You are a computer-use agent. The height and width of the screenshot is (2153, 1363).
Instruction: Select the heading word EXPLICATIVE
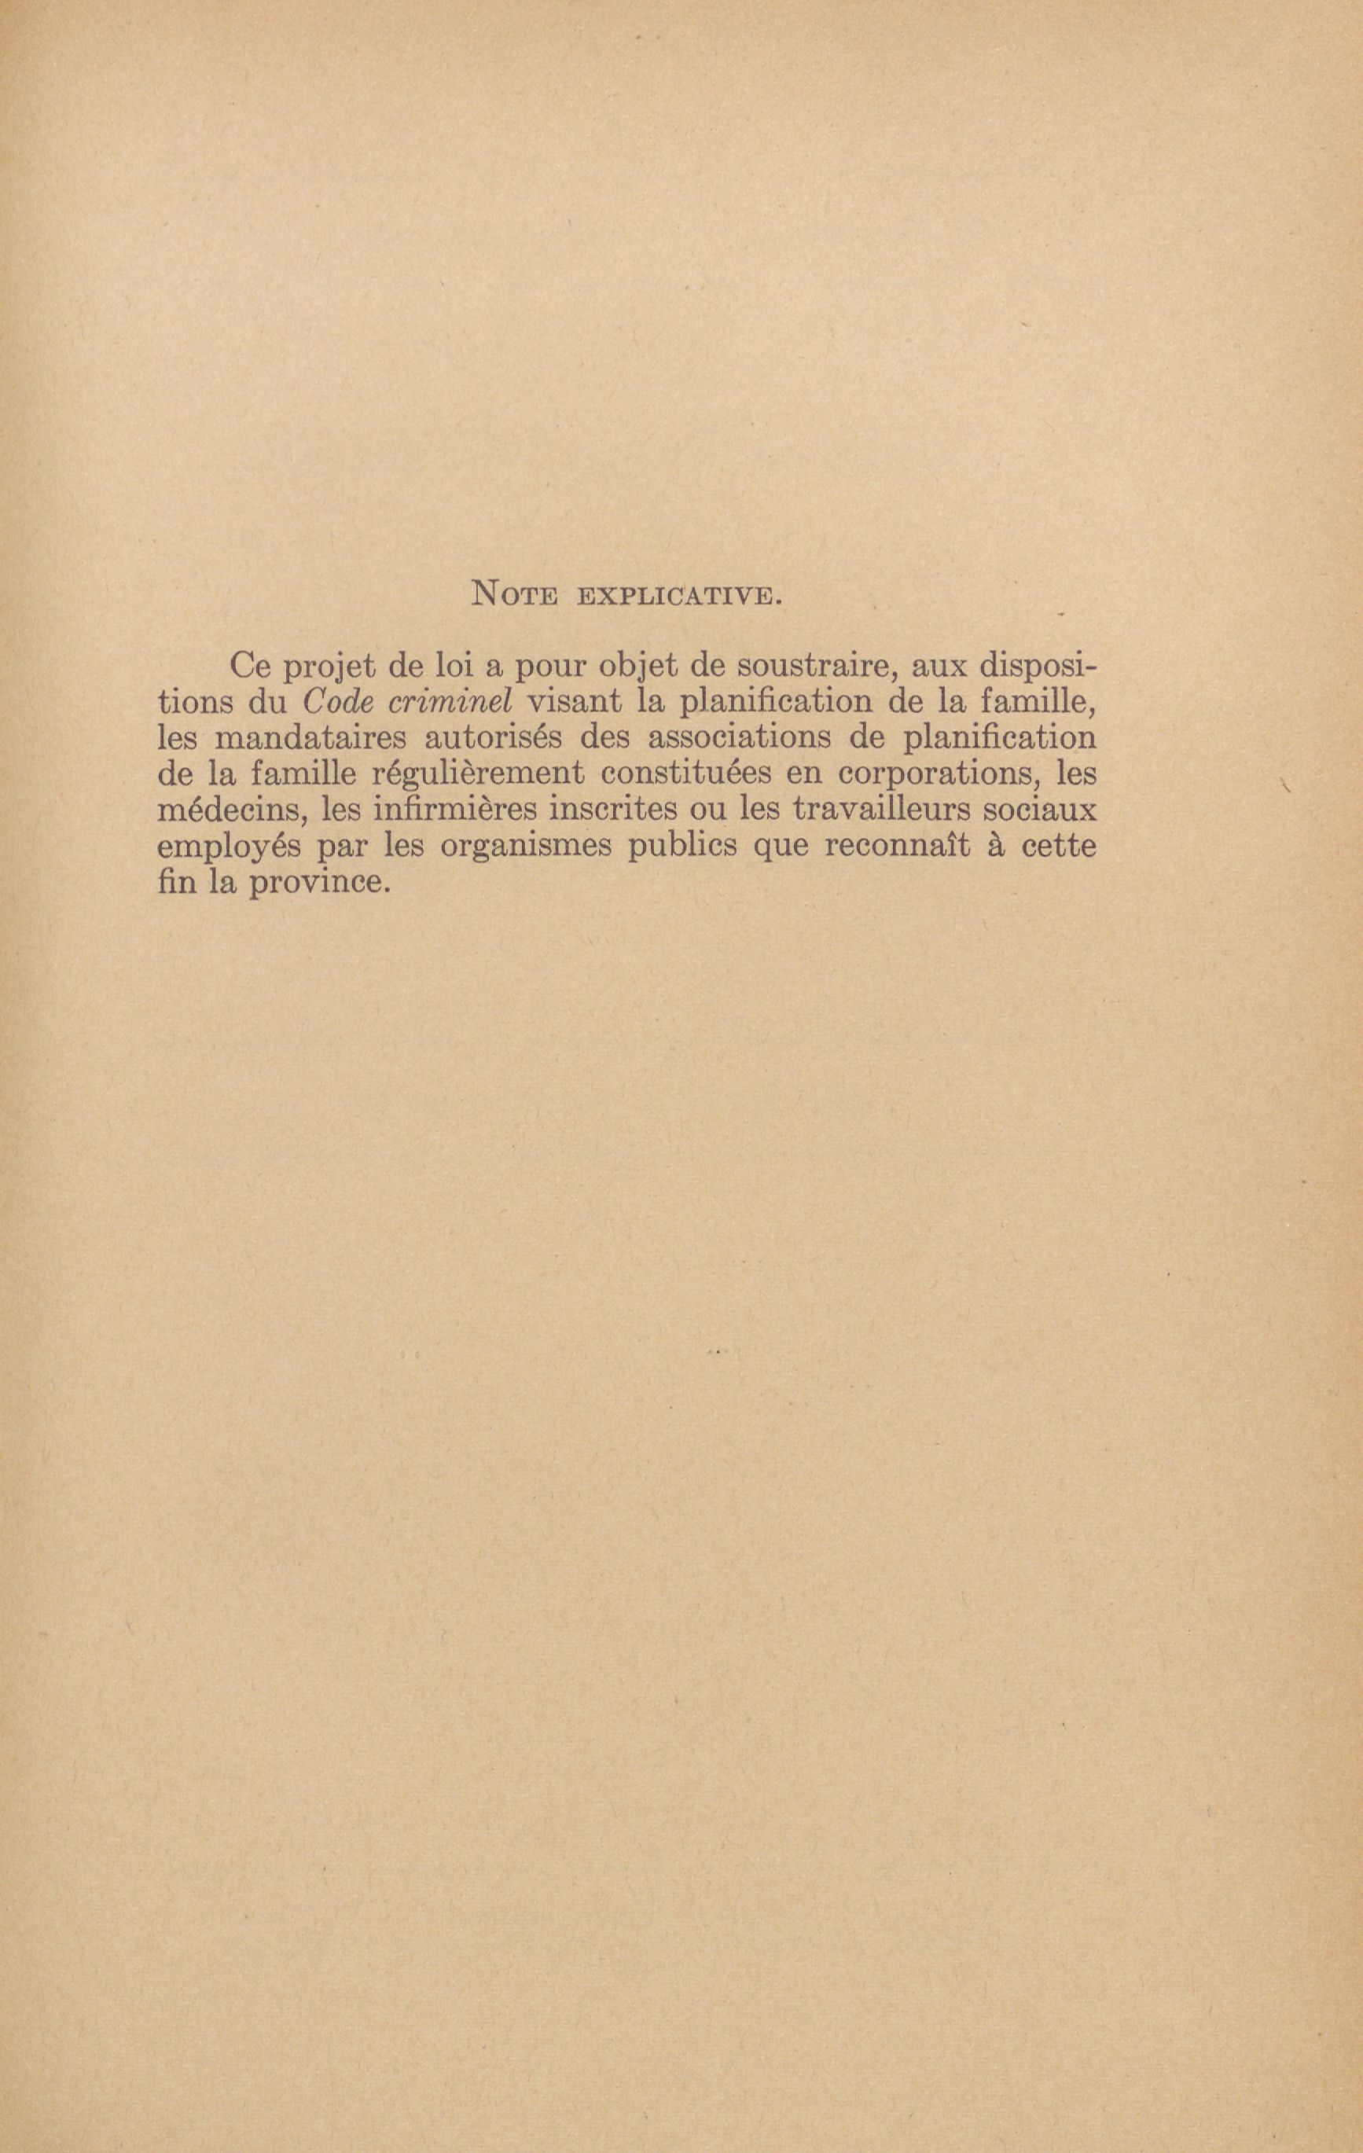click(x=681, y=596)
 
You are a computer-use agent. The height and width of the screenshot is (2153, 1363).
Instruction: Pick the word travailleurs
click(x=884, y=810)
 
